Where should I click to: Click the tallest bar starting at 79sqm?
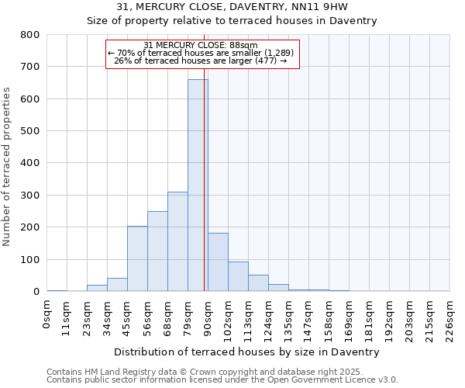click(198, 186)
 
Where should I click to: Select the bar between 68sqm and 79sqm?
click(177, 241)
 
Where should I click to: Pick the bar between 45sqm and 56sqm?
click(137, 258)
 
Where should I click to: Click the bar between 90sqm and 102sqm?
click(218, 262)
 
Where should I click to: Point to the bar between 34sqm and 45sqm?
click(117, 285)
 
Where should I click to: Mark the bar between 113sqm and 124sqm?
click(258, 283)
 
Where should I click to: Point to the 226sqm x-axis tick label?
click(449, 318)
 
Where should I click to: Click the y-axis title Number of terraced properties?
click(7, 166)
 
